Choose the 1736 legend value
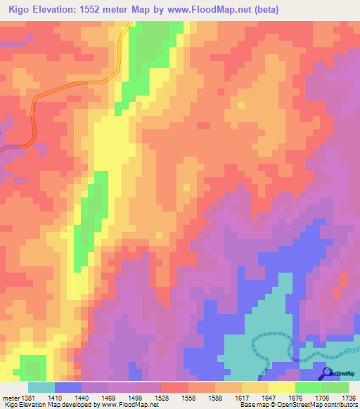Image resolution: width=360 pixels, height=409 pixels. point(349,397)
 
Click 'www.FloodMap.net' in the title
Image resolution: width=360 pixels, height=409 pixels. point(214,10)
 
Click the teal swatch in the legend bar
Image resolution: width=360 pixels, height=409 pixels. point(41,387)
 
